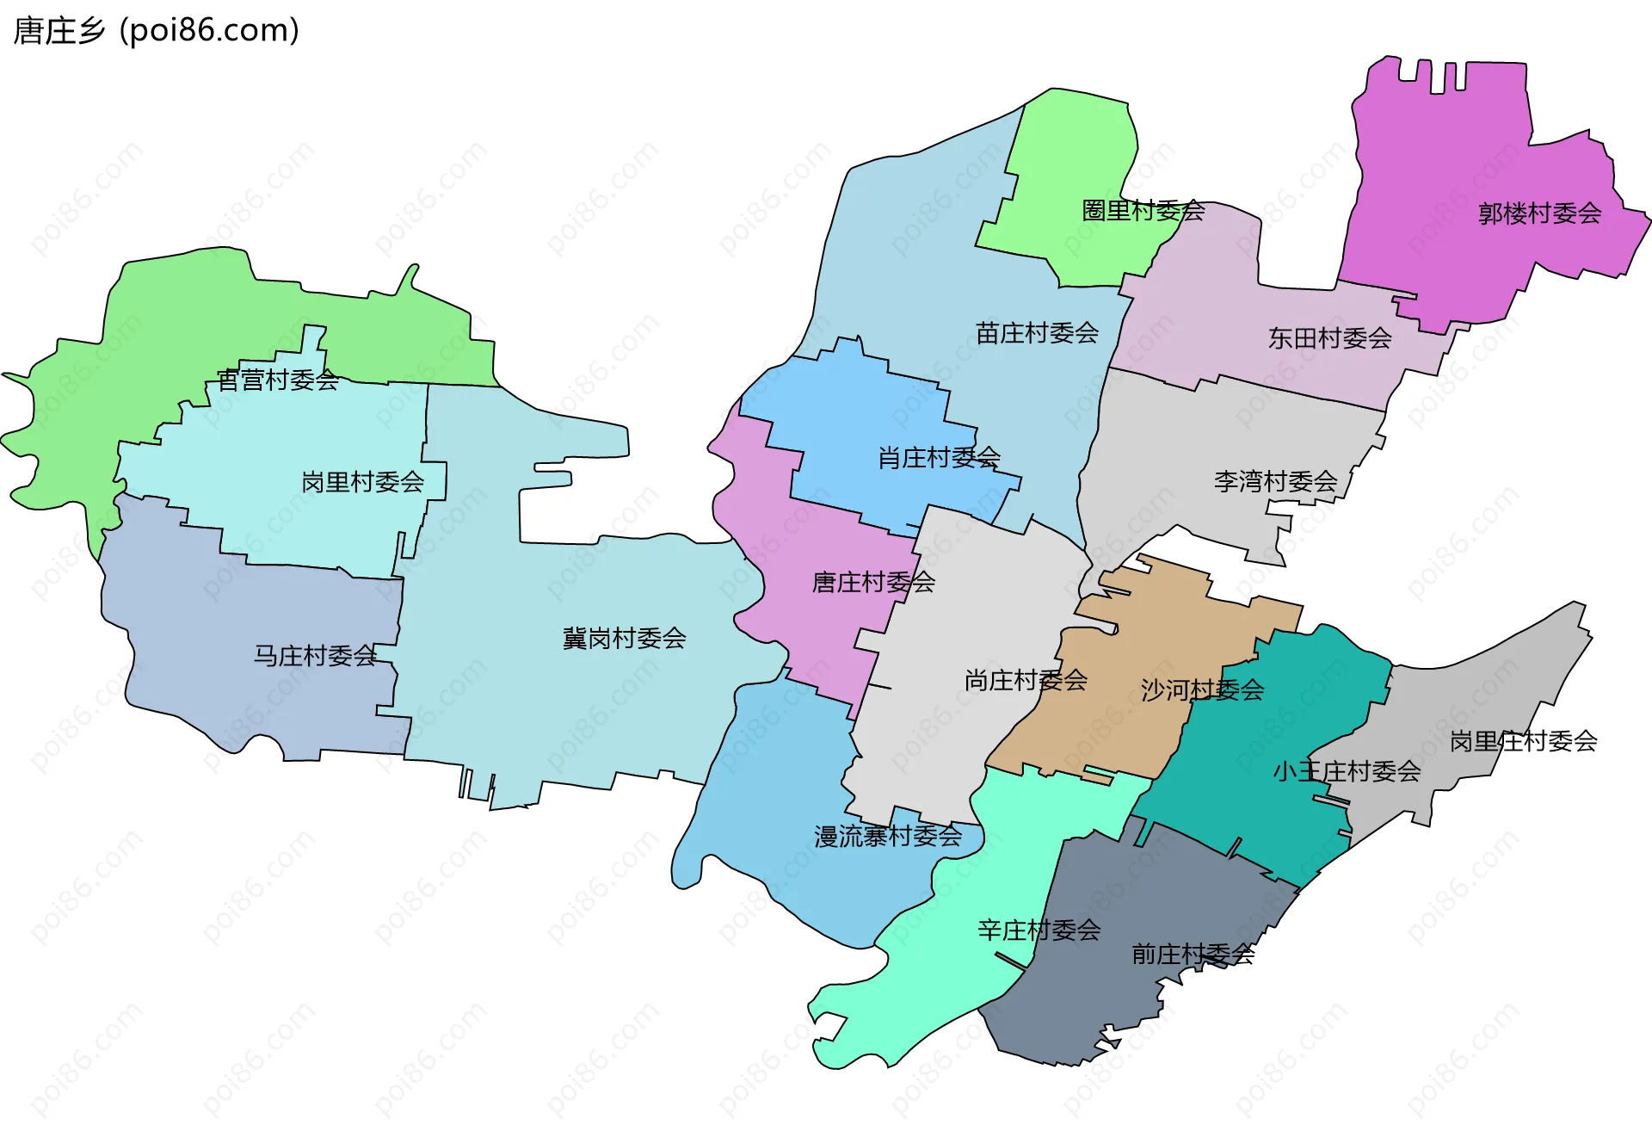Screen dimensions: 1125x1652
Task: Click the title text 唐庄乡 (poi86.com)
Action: click(x=157, y=30)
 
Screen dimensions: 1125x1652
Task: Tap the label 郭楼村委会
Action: click(x=1539, y=213)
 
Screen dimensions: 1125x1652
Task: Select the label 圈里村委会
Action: click(x=1143, y=210)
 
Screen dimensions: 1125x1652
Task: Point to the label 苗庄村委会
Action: click(x=1037, y=333)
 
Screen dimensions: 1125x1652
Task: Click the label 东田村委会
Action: click(x=1329, y=338)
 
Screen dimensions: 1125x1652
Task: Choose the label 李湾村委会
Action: click(x=1275, y=481)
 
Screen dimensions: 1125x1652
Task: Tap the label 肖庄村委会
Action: click(x=939, y=458)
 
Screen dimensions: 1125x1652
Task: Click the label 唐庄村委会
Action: click(x=873, y=583)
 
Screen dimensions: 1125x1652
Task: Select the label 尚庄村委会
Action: click(x=1026, y=681)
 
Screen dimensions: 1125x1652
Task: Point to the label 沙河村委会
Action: click(x=1202, y=689)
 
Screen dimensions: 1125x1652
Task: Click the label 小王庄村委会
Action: click(x=1347, y=771)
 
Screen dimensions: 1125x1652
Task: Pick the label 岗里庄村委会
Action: click(x=1523, y=741)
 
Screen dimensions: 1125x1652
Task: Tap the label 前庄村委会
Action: click(x=1193, y=954)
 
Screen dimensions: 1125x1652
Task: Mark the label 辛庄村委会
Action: click(x=1039, y=930)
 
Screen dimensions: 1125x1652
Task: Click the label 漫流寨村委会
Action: click(x=888, y=836)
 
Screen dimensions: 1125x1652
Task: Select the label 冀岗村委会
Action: click(x=624, y=639)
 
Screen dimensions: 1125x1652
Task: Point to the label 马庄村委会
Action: click(x=315, y=656)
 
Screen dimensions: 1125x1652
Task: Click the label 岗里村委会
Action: click(x=362, y=482)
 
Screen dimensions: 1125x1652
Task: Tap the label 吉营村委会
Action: click(x=277, y=380)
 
